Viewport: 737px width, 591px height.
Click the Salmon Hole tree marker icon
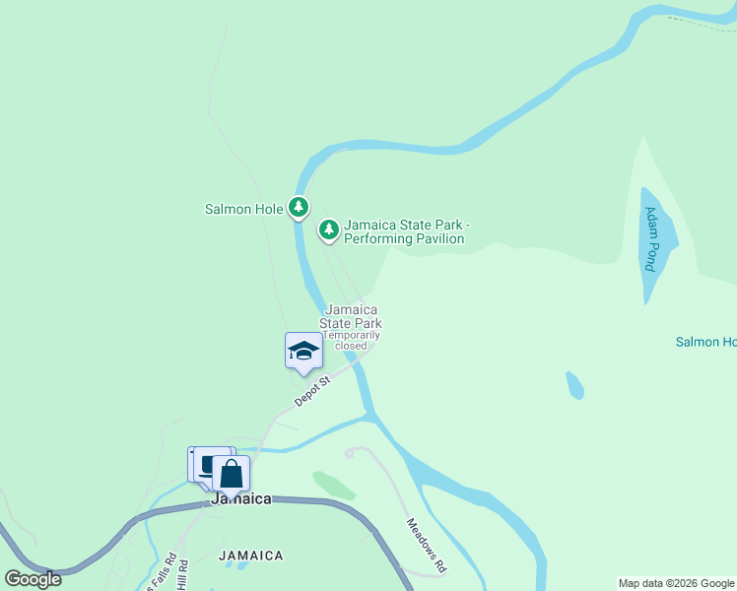pos(299,207)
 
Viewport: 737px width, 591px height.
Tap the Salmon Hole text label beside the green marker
pos(243,209)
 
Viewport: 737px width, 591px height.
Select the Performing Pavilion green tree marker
pos(329,230)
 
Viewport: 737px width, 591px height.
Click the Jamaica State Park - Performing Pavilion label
pos(404,231)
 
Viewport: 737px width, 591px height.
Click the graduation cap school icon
pos(303,351)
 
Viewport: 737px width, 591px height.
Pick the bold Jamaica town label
pos(241,499)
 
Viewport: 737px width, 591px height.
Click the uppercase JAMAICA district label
pos(251,556)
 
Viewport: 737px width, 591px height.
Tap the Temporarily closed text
pos(351,340)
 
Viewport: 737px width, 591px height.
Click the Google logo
pos(33,579)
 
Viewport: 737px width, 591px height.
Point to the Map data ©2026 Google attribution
pos(676,583)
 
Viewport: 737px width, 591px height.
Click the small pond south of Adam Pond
pos(574,385)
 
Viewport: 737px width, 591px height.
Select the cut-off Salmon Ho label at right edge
pos(705,342)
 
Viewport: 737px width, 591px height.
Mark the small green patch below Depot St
pos(334,485)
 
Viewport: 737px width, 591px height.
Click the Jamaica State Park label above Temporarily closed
pos(352,316)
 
